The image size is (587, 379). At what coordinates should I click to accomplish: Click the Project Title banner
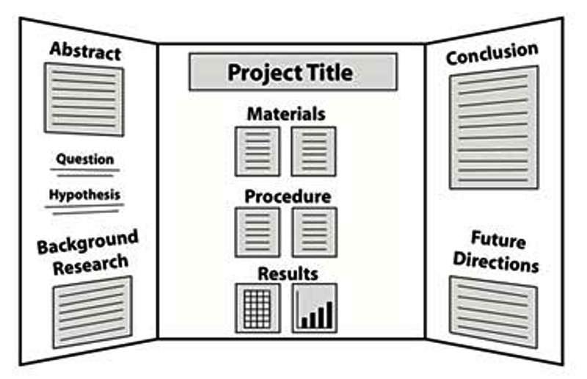point(293,72)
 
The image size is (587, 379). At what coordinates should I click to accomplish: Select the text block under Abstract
point(84,99)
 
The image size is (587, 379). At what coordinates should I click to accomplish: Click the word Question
point(85,159)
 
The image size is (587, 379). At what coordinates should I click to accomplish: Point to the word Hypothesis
point(84,195)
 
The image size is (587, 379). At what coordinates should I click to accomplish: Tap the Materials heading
point(286,114)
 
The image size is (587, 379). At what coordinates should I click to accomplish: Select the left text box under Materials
point(257,151)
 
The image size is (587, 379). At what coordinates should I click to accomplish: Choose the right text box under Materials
point(314,151)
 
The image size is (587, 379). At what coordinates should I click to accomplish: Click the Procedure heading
point(287,197)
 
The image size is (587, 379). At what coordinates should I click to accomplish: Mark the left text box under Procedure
point(257,232)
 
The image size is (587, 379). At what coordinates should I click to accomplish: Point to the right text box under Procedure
point(314,232)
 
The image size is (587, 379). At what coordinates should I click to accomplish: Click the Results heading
point(288,274)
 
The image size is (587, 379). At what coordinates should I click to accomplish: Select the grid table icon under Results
point(257,307)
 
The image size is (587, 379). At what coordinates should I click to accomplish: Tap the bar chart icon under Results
point(314,307)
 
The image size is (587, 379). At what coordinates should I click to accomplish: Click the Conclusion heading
point(492,53)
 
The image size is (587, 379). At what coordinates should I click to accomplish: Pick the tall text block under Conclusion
point(494,129)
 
